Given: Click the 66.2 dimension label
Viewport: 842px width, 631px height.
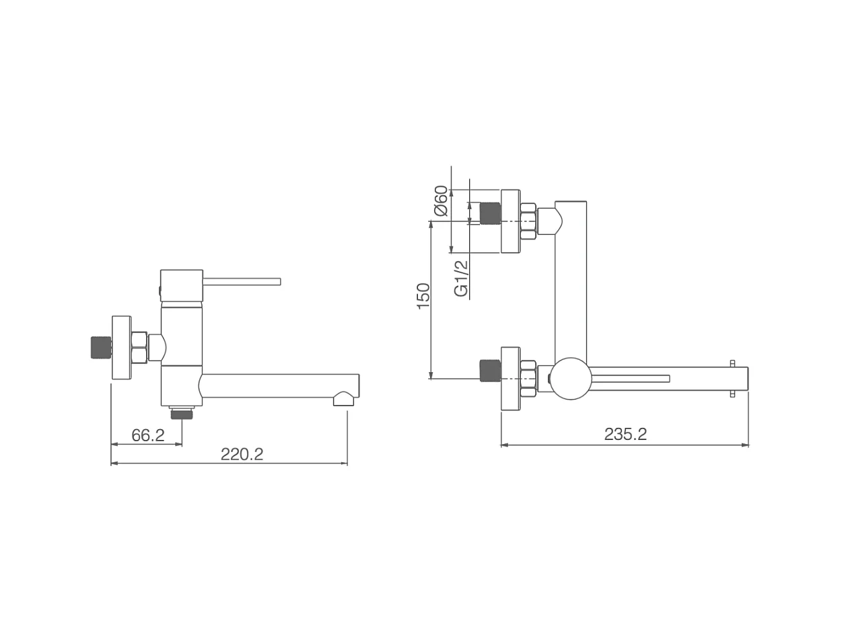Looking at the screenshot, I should (148, 435).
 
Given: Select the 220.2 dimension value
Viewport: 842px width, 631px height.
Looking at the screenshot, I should (242, 454).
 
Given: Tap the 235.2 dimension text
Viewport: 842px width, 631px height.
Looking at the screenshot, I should (625, 435).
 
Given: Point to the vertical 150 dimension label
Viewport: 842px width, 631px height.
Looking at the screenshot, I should (423, 296).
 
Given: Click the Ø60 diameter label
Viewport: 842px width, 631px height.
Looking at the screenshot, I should (441, 200).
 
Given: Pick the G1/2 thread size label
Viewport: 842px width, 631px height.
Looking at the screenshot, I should (461, 278).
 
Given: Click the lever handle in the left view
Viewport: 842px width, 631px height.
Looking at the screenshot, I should (242, 281).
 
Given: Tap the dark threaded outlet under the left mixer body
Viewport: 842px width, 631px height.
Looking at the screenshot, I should (182, 414).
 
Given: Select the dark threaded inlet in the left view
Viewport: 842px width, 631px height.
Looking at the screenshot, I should (101, 347).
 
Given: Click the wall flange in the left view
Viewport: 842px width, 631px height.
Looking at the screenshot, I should (122, 348).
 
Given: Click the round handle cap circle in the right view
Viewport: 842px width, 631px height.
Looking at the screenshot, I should (571, 379).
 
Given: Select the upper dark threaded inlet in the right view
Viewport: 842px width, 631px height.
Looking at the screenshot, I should (490, 213).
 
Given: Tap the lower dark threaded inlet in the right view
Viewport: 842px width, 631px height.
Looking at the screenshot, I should (490, 371).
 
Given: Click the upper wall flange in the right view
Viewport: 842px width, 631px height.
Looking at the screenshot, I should (511, 221).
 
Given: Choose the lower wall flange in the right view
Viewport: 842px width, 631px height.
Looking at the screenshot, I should (511, 379).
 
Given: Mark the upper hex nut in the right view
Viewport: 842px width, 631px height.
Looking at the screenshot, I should (528, 221).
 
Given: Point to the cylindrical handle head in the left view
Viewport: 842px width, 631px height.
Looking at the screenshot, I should (182, 287).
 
